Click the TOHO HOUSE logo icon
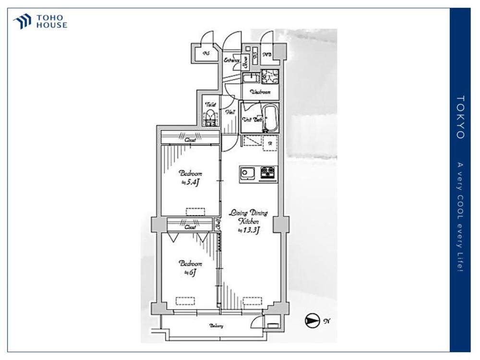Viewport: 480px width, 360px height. (22, 22)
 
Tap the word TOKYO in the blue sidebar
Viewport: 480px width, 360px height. (460, 117)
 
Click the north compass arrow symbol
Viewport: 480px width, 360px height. (312, 321)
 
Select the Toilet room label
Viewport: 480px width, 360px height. (210, 105)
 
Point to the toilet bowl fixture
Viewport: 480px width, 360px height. (210, 118)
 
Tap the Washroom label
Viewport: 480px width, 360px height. (260, 92)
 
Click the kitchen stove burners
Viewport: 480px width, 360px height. (268, 172)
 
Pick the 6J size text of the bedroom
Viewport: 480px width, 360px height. (190, 272)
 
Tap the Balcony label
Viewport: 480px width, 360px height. (216, 326)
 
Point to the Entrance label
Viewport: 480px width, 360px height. (232, 60)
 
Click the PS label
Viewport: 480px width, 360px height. (206, 54)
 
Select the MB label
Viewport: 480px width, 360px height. (267, 55)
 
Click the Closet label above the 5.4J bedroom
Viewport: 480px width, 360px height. (191, 140)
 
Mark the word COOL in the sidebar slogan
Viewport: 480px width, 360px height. (460, 208)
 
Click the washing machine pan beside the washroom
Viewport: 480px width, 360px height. (267, 77)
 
